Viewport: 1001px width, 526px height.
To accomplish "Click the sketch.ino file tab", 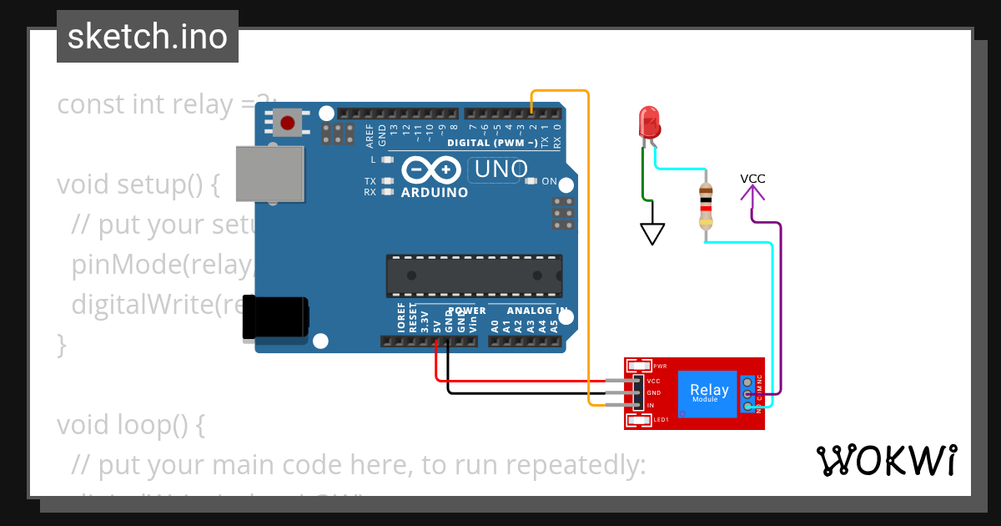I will tap(147, 37).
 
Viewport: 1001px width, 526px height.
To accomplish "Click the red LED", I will tap(648, 123).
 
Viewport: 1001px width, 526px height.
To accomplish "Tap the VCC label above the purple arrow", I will tap(752, 179).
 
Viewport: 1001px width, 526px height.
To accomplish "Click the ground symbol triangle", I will tap(652, 233).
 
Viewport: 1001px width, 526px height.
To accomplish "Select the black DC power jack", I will tap(275, 317).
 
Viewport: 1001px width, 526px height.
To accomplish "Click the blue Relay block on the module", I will tap(707, 392).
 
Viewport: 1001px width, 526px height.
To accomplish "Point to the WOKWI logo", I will tap(886, 460).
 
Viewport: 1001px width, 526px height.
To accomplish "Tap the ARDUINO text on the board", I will tap(434, 192).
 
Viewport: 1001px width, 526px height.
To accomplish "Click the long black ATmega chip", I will tap(473, 276).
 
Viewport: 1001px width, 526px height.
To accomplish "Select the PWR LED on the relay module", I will tap(640, 366).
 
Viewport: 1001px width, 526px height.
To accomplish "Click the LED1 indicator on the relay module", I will tap(640, 420).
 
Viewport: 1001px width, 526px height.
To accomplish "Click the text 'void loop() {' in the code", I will tap(130, 424).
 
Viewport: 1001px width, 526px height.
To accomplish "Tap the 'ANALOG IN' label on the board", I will tap(527, 311).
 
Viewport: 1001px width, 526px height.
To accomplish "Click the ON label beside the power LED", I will tap(549, 181).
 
